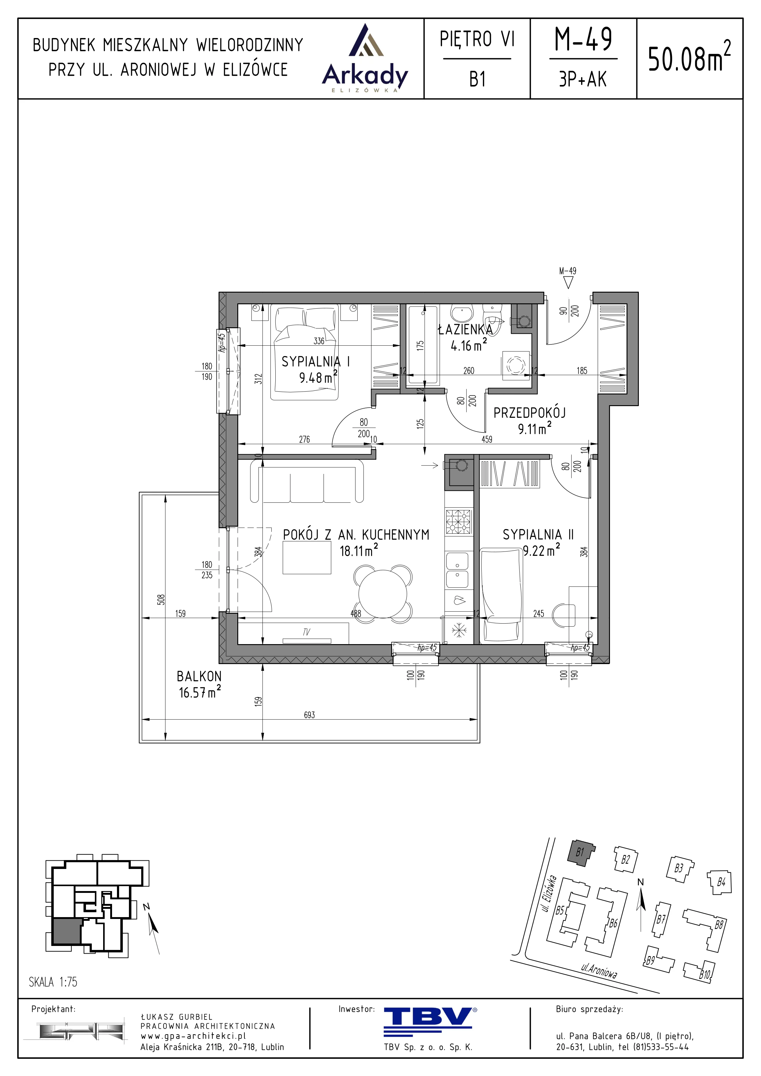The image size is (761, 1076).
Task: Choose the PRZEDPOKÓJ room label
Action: click(x=529, y=413)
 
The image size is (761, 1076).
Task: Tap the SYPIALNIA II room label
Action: click(x=538, y=535)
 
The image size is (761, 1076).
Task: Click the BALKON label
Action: click(x=199, y=676)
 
